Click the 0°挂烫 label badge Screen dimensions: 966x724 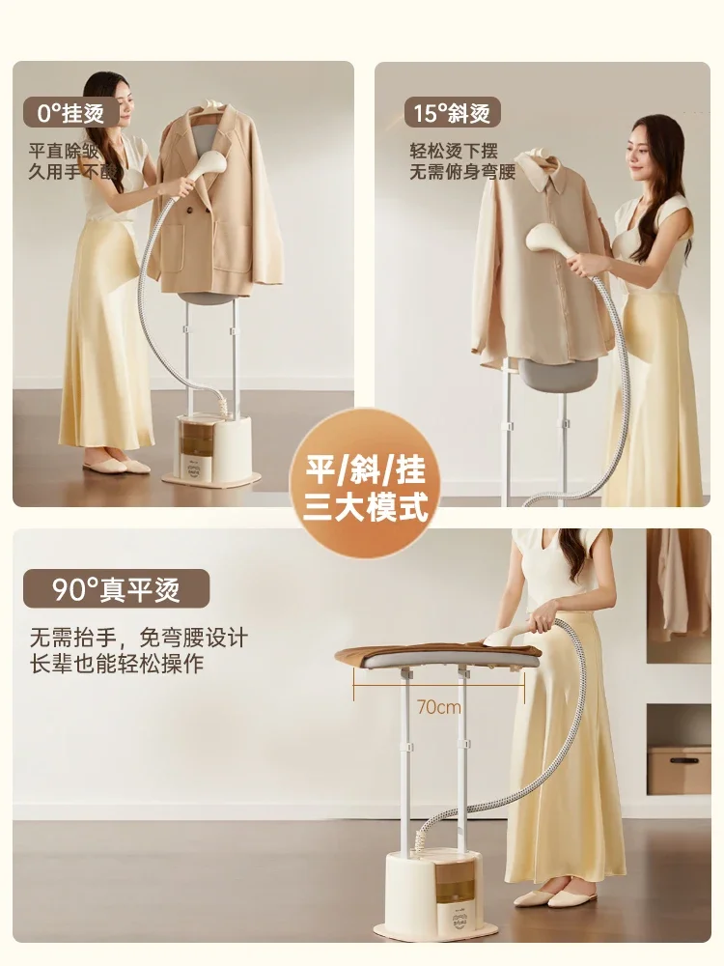point(70,112)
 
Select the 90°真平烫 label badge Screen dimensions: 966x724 point(116,587)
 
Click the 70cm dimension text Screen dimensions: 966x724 point(438,707)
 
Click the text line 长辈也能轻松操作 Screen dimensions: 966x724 point(117,665)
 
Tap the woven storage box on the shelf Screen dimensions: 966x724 point(679,769)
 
